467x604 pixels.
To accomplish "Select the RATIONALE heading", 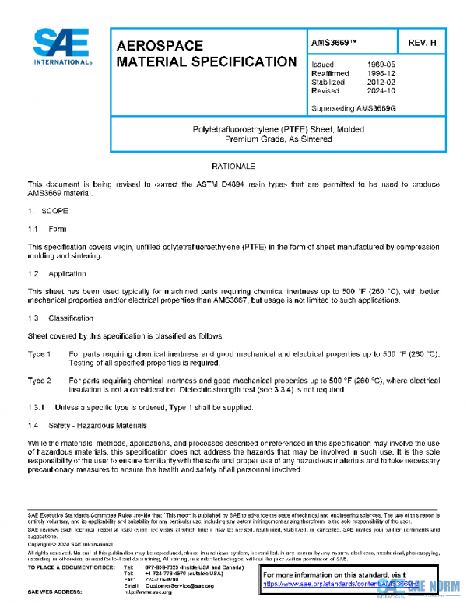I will tap(233, 167).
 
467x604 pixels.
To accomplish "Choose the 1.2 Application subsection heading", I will tap(58, 274).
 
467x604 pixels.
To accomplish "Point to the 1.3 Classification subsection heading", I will tap(61, 318).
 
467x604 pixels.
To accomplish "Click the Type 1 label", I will tap(40, 354).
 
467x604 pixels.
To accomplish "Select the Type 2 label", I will tap(40, 381).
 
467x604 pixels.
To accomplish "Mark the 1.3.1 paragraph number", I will tap(37, 407).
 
